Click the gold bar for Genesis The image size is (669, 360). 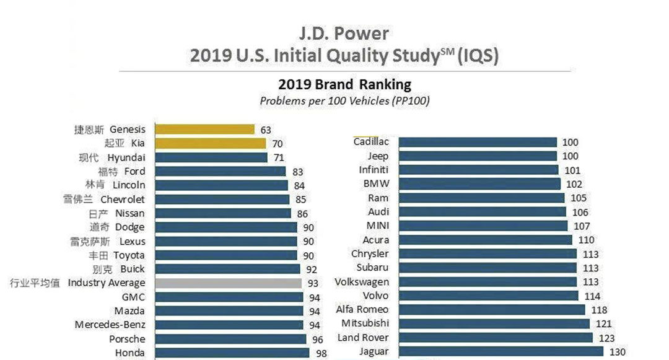pyautogui.click(x=204, y=130)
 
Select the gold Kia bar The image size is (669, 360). pyautogui.click(x=210, y=143)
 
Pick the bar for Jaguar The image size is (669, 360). pyautogui.click(x=501, y=352)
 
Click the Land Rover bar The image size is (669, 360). pyautogui.click(x=496, y=338)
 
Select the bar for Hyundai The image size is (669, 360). pyautogui.click(x=211, y=157)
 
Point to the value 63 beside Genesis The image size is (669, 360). pyautogui.click(x=266, y=130)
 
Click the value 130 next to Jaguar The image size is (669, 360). pyautogui.click(x=618, y=352)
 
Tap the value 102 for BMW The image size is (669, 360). pyautogui.click(x=574, y=184)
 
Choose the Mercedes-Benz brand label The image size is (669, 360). pyautogui.click(x=110, y=325)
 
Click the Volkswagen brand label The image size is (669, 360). pyautogui.click(x=362, y=282)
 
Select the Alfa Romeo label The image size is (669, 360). pyautogui.click(x=362, y=309)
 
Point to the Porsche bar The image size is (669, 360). pyautogui.click(x=230, y=339)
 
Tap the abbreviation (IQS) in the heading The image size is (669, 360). pyautogui.click(x=477, y=56)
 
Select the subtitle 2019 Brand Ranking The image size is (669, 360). pyautogui.click(x=344, y=84)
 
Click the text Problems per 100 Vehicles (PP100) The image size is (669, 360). pyautogui.click(x=344, y=100)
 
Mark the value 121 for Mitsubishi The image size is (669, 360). pyautogui.click(x=603, y=323)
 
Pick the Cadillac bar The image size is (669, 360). pyautogui.click(x=478, y=142)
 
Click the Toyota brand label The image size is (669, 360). pyautogui.click(x=129, y=255)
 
